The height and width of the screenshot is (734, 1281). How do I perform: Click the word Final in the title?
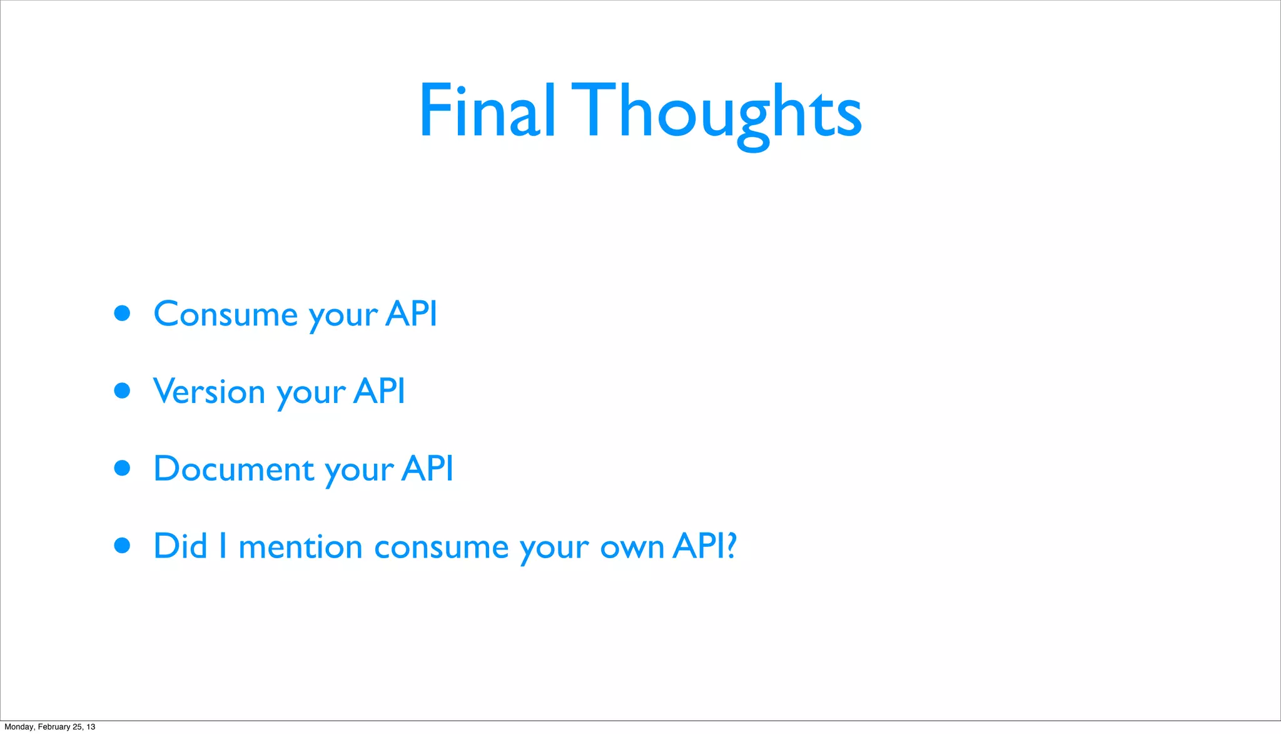[487, 111]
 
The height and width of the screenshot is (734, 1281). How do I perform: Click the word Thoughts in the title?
[722, 113]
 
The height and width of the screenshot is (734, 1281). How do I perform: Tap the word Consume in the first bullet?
[226, 314]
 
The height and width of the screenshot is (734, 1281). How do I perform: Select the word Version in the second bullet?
[210, 392]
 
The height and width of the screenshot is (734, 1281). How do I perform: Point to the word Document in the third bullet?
[234, 469]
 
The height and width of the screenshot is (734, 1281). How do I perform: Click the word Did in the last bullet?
[180, 546]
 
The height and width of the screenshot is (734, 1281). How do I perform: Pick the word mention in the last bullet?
[301, 547]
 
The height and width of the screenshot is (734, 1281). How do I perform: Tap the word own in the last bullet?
[632, 548]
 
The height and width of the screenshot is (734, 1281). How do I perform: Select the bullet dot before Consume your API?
[123, 313]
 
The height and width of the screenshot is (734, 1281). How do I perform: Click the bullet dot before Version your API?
[123, 390]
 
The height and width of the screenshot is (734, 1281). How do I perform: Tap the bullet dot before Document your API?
[123, 468]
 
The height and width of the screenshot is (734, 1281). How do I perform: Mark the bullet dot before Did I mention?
[123, 546]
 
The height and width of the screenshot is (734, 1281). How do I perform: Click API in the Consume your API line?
[411, 313]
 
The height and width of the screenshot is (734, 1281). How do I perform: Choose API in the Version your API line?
[379, 391]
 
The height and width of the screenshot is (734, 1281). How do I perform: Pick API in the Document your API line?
[427, 468]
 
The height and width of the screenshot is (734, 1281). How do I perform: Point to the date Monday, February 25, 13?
[50, 726]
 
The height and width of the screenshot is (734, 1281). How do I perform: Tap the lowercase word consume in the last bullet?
[441, 548]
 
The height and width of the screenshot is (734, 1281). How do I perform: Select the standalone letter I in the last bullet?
[223, 546]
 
